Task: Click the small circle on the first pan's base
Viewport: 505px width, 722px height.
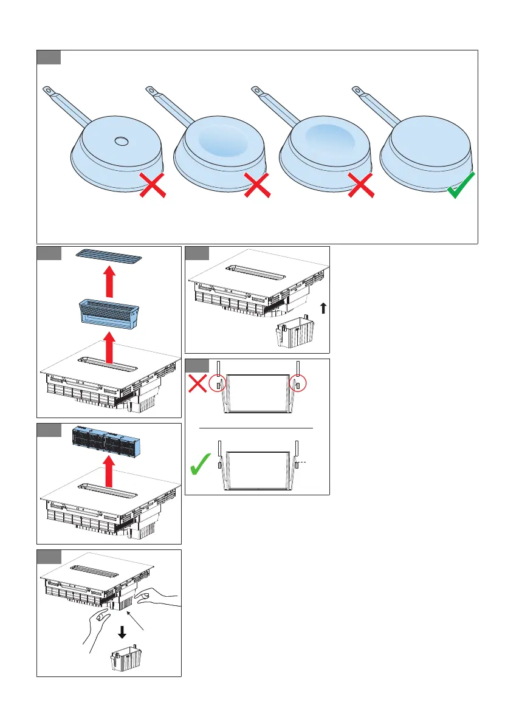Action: (x=122, y=141)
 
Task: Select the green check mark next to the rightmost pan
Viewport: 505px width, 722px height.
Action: (x=461, y=185)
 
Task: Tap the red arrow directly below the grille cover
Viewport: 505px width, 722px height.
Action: (x=110, y=282)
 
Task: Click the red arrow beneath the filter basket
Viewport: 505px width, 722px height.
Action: (x=110, y=347)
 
